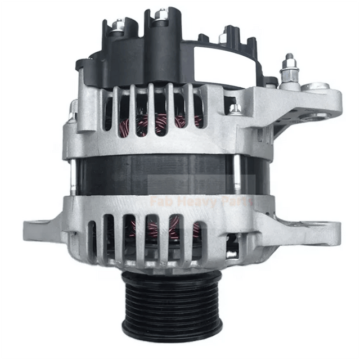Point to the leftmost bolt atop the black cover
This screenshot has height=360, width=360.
click(118, 25)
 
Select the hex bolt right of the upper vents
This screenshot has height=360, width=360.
click(236, 107)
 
